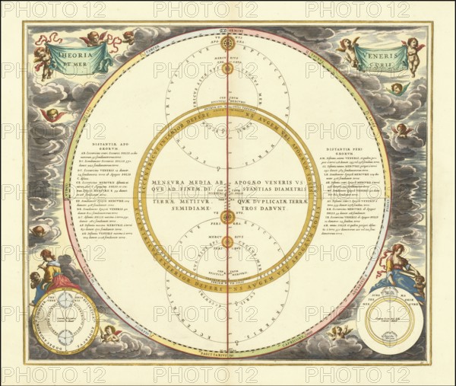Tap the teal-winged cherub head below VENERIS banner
(396, 88)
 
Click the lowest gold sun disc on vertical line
(226, 242)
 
